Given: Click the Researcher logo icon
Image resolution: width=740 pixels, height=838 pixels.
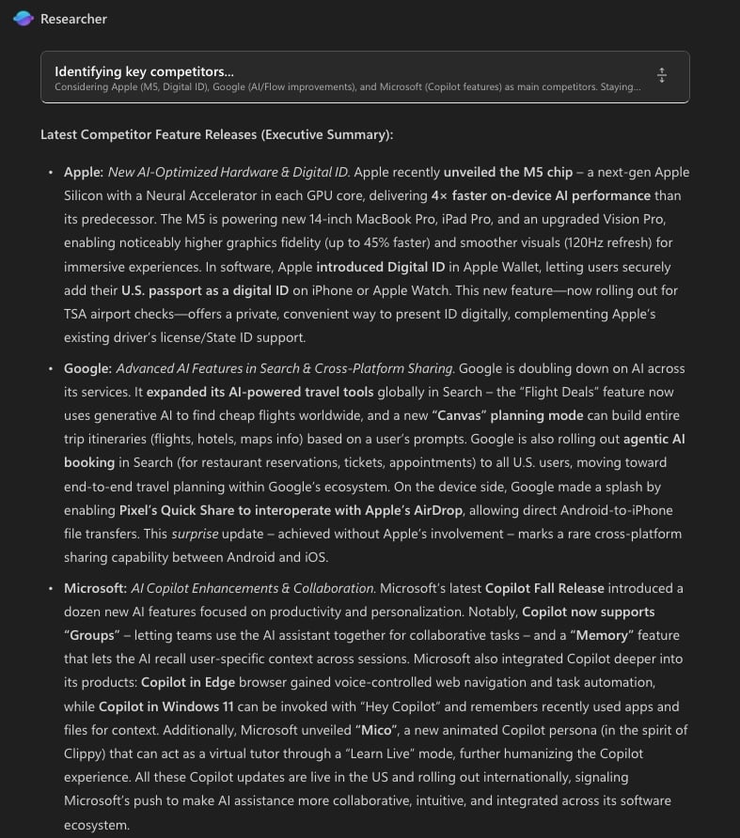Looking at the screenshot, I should point(24,19).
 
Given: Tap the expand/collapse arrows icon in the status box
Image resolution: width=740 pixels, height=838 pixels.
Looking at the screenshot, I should point(662,76).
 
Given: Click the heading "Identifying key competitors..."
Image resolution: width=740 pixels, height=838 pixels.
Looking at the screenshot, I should point(144,71).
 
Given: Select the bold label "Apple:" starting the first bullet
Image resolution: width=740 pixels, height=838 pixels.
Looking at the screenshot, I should point(84,172).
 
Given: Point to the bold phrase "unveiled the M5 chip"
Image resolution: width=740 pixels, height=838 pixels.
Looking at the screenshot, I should point(508,172).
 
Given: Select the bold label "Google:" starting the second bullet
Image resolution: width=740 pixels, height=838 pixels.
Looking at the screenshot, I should point(87,368).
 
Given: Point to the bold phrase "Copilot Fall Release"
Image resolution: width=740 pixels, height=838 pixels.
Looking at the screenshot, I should point(545,588).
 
